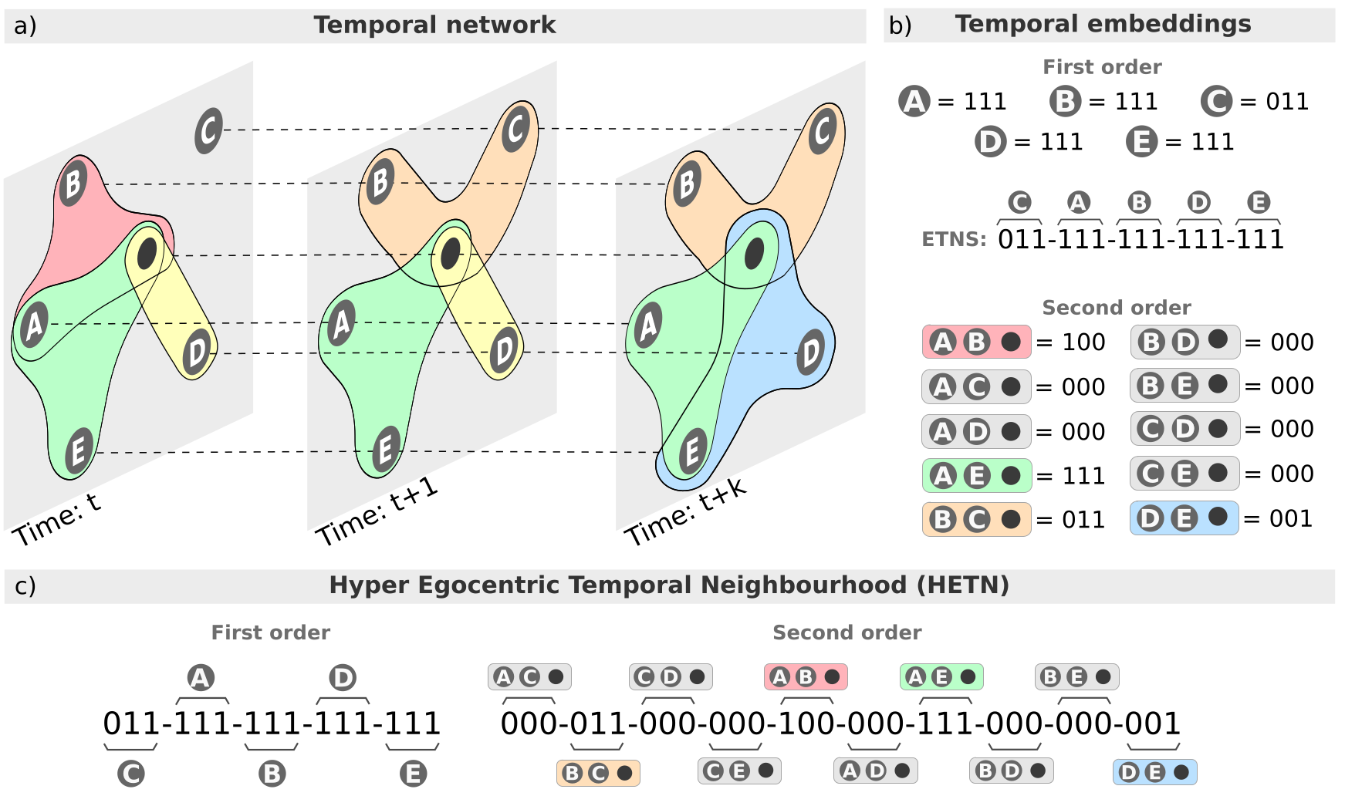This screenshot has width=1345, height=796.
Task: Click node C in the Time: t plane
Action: [208, 130]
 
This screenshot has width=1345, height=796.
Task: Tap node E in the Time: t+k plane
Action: [692, 450]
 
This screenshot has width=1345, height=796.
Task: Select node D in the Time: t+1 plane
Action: [504, 350]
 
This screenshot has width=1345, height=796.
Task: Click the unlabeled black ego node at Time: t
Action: [147, 253]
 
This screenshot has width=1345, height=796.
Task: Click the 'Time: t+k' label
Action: [685, 512]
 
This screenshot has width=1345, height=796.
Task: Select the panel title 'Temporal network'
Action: [434, 25]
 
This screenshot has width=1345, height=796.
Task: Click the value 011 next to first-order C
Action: [1287, 102]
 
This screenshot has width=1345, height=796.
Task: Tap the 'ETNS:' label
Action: [954, 239]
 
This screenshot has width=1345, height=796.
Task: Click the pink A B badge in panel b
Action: [976, 342]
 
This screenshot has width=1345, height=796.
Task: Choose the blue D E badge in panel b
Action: [1184, 518]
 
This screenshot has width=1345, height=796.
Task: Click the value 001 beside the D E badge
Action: [1291, 518]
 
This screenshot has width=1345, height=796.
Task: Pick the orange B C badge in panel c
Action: [598, 773]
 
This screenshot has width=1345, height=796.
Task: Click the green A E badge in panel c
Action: [941, 677]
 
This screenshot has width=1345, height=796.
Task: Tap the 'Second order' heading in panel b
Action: [1116, 308]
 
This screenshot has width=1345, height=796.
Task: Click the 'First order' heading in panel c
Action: [270, 632]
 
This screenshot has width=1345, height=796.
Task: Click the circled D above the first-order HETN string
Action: [342, 678]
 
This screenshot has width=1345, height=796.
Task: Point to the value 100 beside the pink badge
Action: [1083, 342]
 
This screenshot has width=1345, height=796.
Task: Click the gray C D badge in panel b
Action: [1184, 429]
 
